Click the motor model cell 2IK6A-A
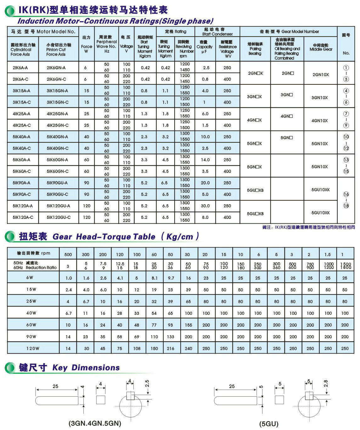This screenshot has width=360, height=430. coord(20,68)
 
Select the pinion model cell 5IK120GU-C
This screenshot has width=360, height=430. coord(59,217)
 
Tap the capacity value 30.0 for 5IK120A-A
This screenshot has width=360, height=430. coord(205,206)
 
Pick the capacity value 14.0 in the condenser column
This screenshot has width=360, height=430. coord(205,160)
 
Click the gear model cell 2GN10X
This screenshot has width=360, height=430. coord(321,75)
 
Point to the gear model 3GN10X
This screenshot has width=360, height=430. coord(320,98)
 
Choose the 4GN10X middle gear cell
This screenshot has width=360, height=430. coord(320,121)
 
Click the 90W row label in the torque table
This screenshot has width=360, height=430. coord(31,336)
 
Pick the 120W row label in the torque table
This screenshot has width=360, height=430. coord(33,348)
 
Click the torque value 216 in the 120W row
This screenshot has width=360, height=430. coord(171,348)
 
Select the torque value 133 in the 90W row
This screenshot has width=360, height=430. coord(171,336)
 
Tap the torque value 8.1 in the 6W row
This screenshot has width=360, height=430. coord(154,278)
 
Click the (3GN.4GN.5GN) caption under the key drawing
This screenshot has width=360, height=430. coord(95,423)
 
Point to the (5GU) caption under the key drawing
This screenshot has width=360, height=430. coord(269,424)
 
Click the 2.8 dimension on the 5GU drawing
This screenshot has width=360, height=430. coord(326,384)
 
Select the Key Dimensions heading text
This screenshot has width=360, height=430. coord(86,368)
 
